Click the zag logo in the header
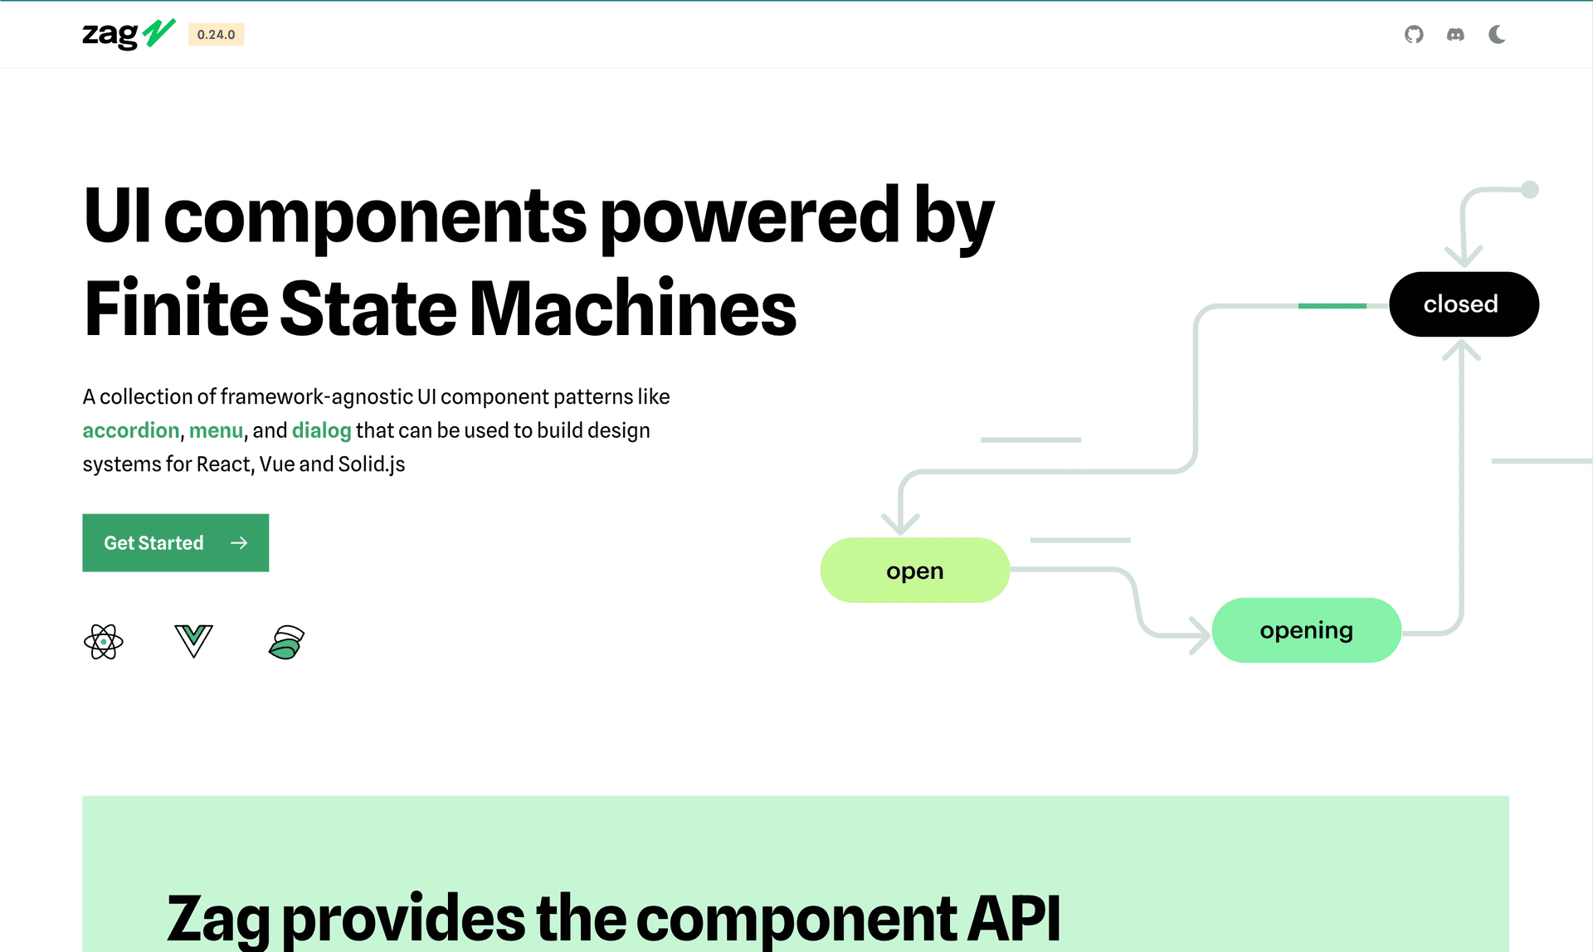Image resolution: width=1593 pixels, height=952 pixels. tap(129, 34)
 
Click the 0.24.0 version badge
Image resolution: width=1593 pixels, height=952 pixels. tap(217, 35)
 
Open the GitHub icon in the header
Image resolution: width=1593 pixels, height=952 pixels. tap(1414, 35)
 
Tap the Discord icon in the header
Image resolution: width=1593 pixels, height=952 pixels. tap(1455, 35)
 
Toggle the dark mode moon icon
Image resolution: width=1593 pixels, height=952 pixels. tap(1497, 35)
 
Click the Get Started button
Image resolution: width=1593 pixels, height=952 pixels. tap(176, 543)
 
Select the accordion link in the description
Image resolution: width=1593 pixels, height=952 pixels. tap(131, 430)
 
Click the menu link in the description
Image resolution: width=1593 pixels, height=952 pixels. tap(216, 430)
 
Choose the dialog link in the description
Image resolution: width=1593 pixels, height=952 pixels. tap(322, 430)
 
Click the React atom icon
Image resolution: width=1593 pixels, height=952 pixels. tap(104, 642)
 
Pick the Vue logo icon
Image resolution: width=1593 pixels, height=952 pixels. tap(194, 641)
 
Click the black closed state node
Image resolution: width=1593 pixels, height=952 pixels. tap(1464, 304)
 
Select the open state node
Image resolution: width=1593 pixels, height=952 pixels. tap(915, 571)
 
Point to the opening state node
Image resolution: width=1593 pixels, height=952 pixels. tap(1307, 630)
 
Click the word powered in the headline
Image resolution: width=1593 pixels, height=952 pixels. tap(749, 217)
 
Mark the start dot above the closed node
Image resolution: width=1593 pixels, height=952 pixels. tap(1530, 190)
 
